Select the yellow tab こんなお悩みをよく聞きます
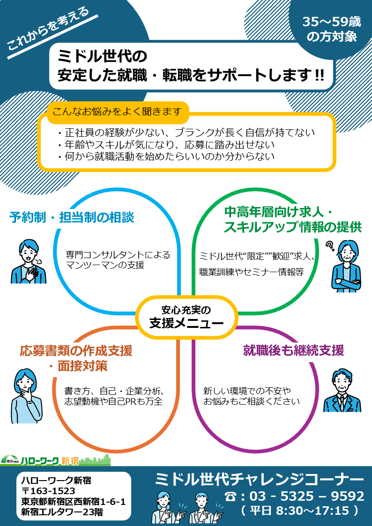point(118,111)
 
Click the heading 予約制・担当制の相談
point(72,218)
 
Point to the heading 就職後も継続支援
point(293,350)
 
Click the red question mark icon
point(330,246)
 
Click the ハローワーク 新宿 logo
point(55,460)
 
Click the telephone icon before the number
point(230,496)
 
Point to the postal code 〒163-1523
point(48,491)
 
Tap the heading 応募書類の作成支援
point(76,351)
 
